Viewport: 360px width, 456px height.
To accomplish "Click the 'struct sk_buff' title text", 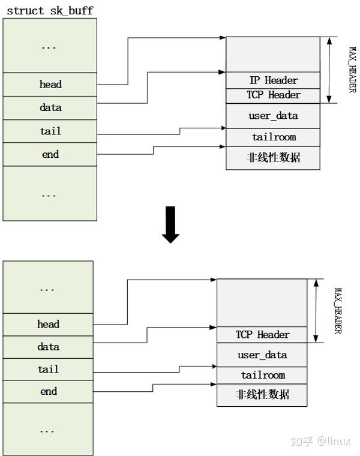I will [50, 11].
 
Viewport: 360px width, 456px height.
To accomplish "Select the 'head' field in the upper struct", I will [50, 85].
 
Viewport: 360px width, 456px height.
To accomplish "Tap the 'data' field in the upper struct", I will [50, 108].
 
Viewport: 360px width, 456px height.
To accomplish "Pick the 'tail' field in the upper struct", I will [50, 131].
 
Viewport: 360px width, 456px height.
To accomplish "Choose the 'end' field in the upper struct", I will [50, 154].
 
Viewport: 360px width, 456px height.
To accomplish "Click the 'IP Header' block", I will [273, 80].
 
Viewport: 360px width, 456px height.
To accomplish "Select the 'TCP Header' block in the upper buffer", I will [273, 95].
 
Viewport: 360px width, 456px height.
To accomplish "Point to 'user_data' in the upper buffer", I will [273, 116].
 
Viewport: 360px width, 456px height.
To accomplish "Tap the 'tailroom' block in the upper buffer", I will [273, 137].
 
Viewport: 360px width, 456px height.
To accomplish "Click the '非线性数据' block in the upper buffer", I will [273, 158].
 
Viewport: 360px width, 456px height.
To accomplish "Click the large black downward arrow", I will [171, 224].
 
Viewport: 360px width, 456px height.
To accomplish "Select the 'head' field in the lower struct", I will [48, 325].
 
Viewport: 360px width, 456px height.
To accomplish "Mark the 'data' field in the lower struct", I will [48, 347].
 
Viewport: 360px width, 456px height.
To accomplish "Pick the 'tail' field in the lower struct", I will [48, 369].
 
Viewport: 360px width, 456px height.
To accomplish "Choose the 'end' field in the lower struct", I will [48, 391].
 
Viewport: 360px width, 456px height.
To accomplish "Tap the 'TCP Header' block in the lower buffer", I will [262, 335].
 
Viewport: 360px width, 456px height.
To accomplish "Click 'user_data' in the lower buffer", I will [262, 355].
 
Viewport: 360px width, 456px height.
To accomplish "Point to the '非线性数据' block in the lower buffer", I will [262, 395].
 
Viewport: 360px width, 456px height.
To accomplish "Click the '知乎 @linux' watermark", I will [320, 442].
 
